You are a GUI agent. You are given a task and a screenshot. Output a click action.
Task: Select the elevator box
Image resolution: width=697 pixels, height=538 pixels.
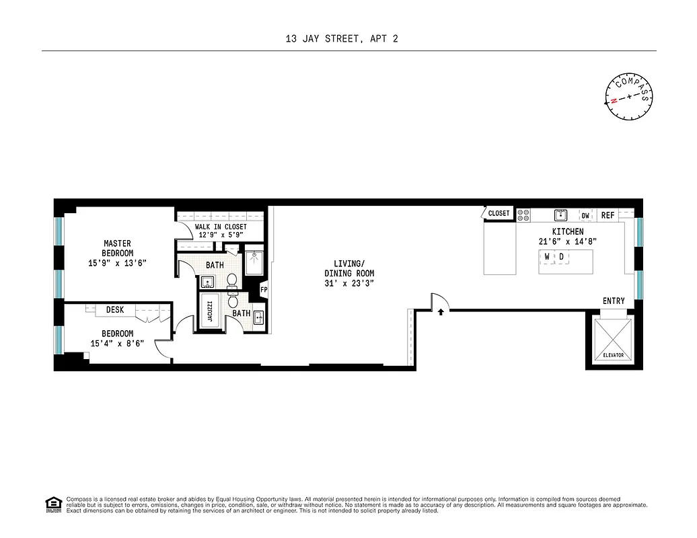point(613,340)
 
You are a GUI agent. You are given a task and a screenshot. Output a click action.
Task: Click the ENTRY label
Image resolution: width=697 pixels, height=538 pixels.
point(613,301)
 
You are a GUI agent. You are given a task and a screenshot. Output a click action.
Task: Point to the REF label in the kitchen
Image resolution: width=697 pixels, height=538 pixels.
point(608,215)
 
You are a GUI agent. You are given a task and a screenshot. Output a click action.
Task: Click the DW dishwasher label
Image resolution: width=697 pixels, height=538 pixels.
point(585,215)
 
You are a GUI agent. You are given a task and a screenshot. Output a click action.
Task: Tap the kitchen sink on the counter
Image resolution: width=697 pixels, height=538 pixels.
point(558,215)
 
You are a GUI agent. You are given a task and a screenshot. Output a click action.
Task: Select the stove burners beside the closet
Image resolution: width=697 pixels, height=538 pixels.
point(524,215)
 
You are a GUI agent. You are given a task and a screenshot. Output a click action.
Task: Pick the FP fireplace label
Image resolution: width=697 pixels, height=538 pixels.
point(264,291)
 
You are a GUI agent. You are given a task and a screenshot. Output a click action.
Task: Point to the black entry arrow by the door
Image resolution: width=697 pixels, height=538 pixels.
point(441,311)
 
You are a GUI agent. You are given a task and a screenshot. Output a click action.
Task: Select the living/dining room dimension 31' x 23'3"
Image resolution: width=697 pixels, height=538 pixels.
point(349,283)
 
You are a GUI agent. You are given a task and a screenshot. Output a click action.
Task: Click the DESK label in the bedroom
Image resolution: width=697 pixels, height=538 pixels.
point(115,310)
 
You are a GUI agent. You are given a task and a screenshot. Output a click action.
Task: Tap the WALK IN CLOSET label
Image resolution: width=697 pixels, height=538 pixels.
point(221,227)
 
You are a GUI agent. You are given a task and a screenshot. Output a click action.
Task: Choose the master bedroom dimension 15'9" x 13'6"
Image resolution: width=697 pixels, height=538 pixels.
point(117,263)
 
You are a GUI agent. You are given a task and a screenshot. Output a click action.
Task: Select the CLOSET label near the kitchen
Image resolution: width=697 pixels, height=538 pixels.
point(499,213)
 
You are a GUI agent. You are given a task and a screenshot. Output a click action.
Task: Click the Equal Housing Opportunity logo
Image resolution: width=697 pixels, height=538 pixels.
point(52,504)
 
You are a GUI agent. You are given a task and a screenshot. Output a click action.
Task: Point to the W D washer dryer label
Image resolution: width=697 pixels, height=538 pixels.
point(554,257)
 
